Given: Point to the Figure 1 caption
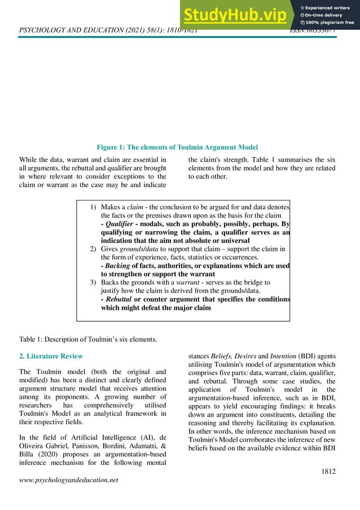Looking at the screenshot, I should tap(177, 147).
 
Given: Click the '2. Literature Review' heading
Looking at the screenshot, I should tap(51, 356).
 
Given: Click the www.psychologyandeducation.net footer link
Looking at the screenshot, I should tap(69, 480).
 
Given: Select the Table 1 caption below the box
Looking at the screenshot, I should tap(88, 339).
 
